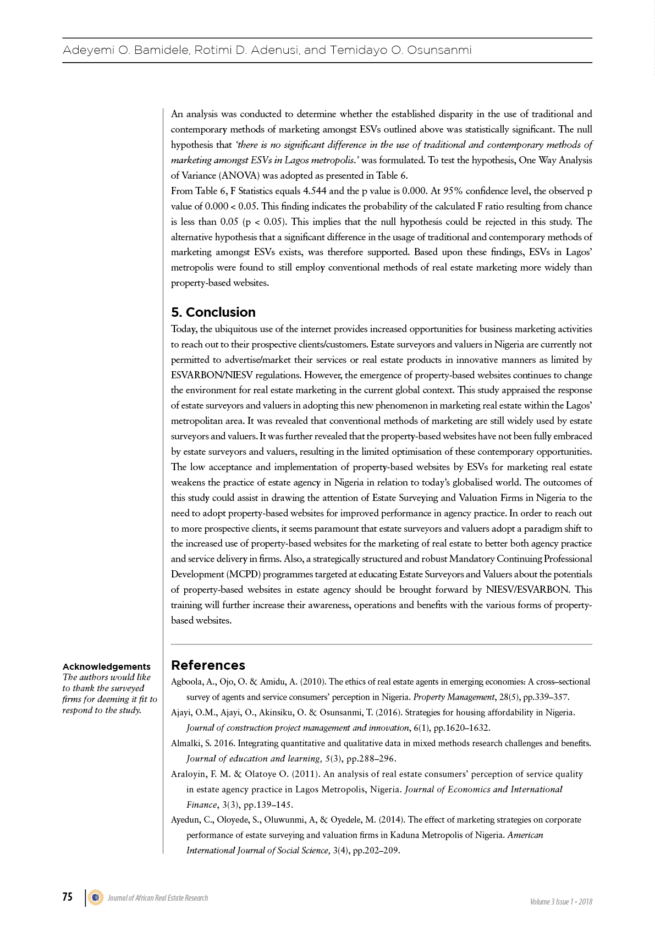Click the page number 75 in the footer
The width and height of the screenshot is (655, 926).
[x=67, y=897]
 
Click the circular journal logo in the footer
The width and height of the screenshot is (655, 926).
[x=96, y=897]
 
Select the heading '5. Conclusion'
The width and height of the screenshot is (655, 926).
[x=213, y=312]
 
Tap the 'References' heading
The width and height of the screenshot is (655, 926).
[x=208, y=665]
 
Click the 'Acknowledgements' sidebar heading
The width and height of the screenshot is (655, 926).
[x=106, y=666]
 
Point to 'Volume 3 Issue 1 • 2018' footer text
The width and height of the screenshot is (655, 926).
[x=561, y=902]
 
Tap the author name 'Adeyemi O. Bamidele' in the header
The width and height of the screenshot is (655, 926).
[x=126, y=51]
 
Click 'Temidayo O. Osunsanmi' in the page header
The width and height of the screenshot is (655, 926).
[x=400, y=51]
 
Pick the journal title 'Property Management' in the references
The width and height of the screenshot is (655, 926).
[x=454, y=697]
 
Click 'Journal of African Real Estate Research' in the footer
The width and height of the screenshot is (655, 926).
[x=158, y=898]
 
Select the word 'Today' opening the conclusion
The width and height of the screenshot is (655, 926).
[x=184, y=329]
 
